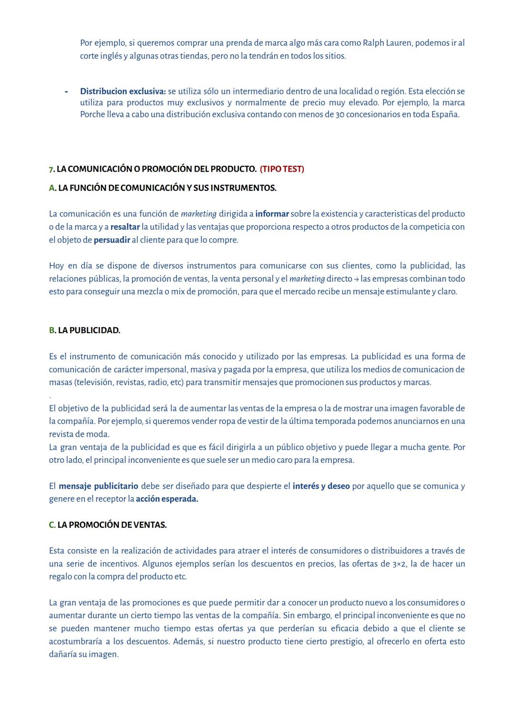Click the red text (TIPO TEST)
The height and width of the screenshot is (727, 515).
coord(282,169)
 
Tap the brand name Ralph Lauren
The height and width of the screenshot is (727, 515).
coord(387,43)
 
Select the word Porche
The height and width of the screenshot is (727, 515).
coord(93,114)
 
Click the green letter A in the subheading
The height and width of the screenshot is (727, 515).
coord(51,188)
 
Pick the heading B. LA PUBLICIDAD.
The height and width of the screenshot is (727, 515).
coord(84,330)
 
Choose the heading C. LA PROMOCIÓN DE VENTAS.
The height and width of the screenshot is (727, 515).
coord(108,525)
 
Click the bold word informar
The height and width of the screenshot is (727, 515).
coord(272,214)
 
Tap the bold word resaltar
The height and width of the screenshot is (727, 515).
coord(125,227)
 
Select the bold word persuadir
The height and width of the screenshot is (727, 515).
coord(112,240)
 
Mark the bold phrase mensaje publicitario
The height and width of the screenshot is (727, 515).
coord(98,486)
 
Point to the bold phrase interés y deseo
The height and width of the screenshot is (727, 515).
coord(321,486)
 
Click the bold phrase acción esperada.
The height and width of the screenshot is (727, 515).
coord(167,499)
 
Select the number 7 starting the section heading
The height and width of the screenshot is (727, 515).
coord(51,169)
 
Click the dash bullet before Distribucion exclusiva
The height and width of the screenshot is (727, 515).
coord(66,91)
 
